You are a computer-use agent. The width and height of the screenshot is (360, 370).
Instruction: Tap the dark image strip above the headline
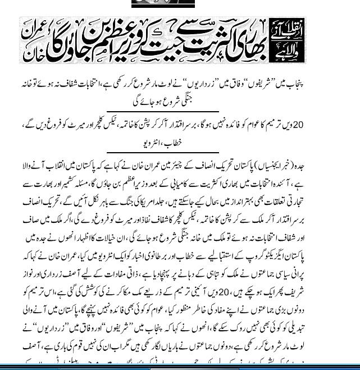click(163, 3)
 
